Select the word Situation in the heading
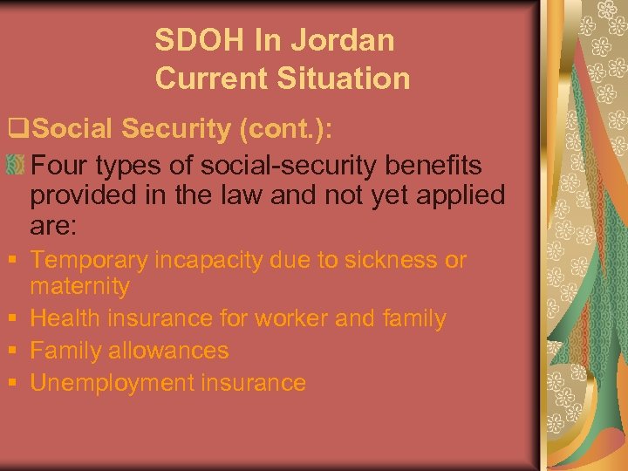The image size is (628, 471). point(345,78)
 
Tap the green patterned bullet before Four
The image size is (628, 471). point(16,165)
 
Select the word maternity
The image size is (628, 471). point(79,286)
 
